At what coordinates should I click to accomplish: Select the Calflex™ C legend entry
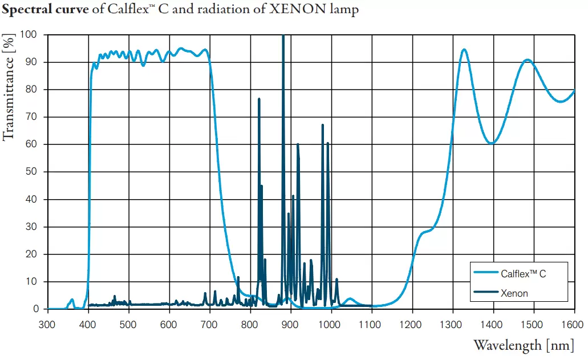523,274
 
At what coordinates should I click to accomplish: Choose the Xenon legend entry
514,293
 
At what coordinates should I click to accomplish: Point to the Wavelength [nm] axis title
524,345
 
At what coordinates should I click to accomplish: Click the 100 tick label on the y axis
29,35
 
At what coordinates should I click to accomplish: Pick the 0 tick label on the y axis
35,309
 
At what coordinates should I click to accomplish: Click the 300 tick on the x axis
47,323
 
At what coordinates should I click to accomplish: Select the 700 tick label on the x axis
210,323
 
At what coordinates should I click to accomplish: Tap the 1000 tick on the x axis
331,323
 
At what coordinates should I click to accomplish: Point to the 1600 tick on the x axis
574,323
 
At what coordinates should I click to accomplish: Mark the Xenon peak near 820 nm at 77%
259,99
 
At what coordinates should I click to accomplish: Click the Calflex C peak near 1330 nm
464,50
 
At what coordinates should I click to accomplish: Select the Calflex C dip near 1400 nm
492,143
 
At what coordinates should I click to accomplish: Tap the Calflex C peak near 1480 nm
528,60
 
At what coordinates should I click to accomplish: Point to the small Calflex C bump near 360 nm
72,300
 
